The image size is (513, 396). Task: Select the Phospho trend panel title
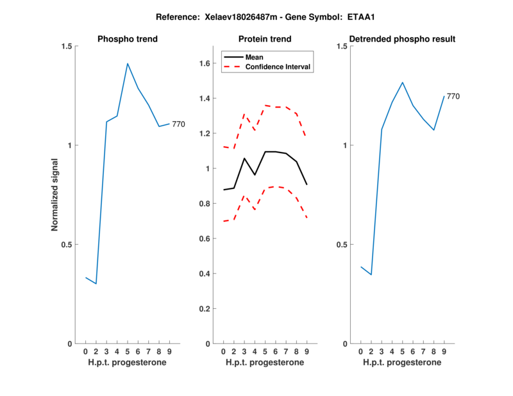[x=128, y=39]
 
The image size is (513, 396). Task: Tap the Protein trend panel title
[x=265, y=39]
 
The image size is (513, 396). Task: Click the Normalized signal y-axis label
[x=55, y=195]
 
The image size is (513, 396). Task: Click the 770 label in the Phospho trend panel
[x=178, y=124]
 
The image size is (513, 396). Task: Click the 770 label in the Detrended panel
[x=453, y=96]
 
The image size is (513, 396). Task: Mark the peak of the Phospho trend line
[x=128, y=63]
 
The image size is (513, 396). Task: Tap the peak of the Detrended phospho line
[x=402, y=82]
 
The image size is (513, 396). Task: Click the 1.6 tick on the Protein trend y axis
[x=205, y=63]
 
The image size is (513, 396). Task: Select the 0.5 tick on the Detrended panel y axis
[x=342, y=245]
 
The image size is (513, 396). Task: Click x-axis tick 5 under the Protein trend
[x=265, y=351]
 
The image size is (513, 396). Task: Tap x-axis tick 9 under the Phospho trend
[x=169, y=351]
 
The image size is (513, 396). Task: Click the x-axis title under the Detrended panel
[x=402, y=363]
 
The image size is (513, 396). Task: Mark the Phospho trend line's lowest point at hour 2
[x=96, y=283]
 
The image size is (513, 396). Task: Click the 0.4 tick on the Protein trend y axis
[x=205, y=274]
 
